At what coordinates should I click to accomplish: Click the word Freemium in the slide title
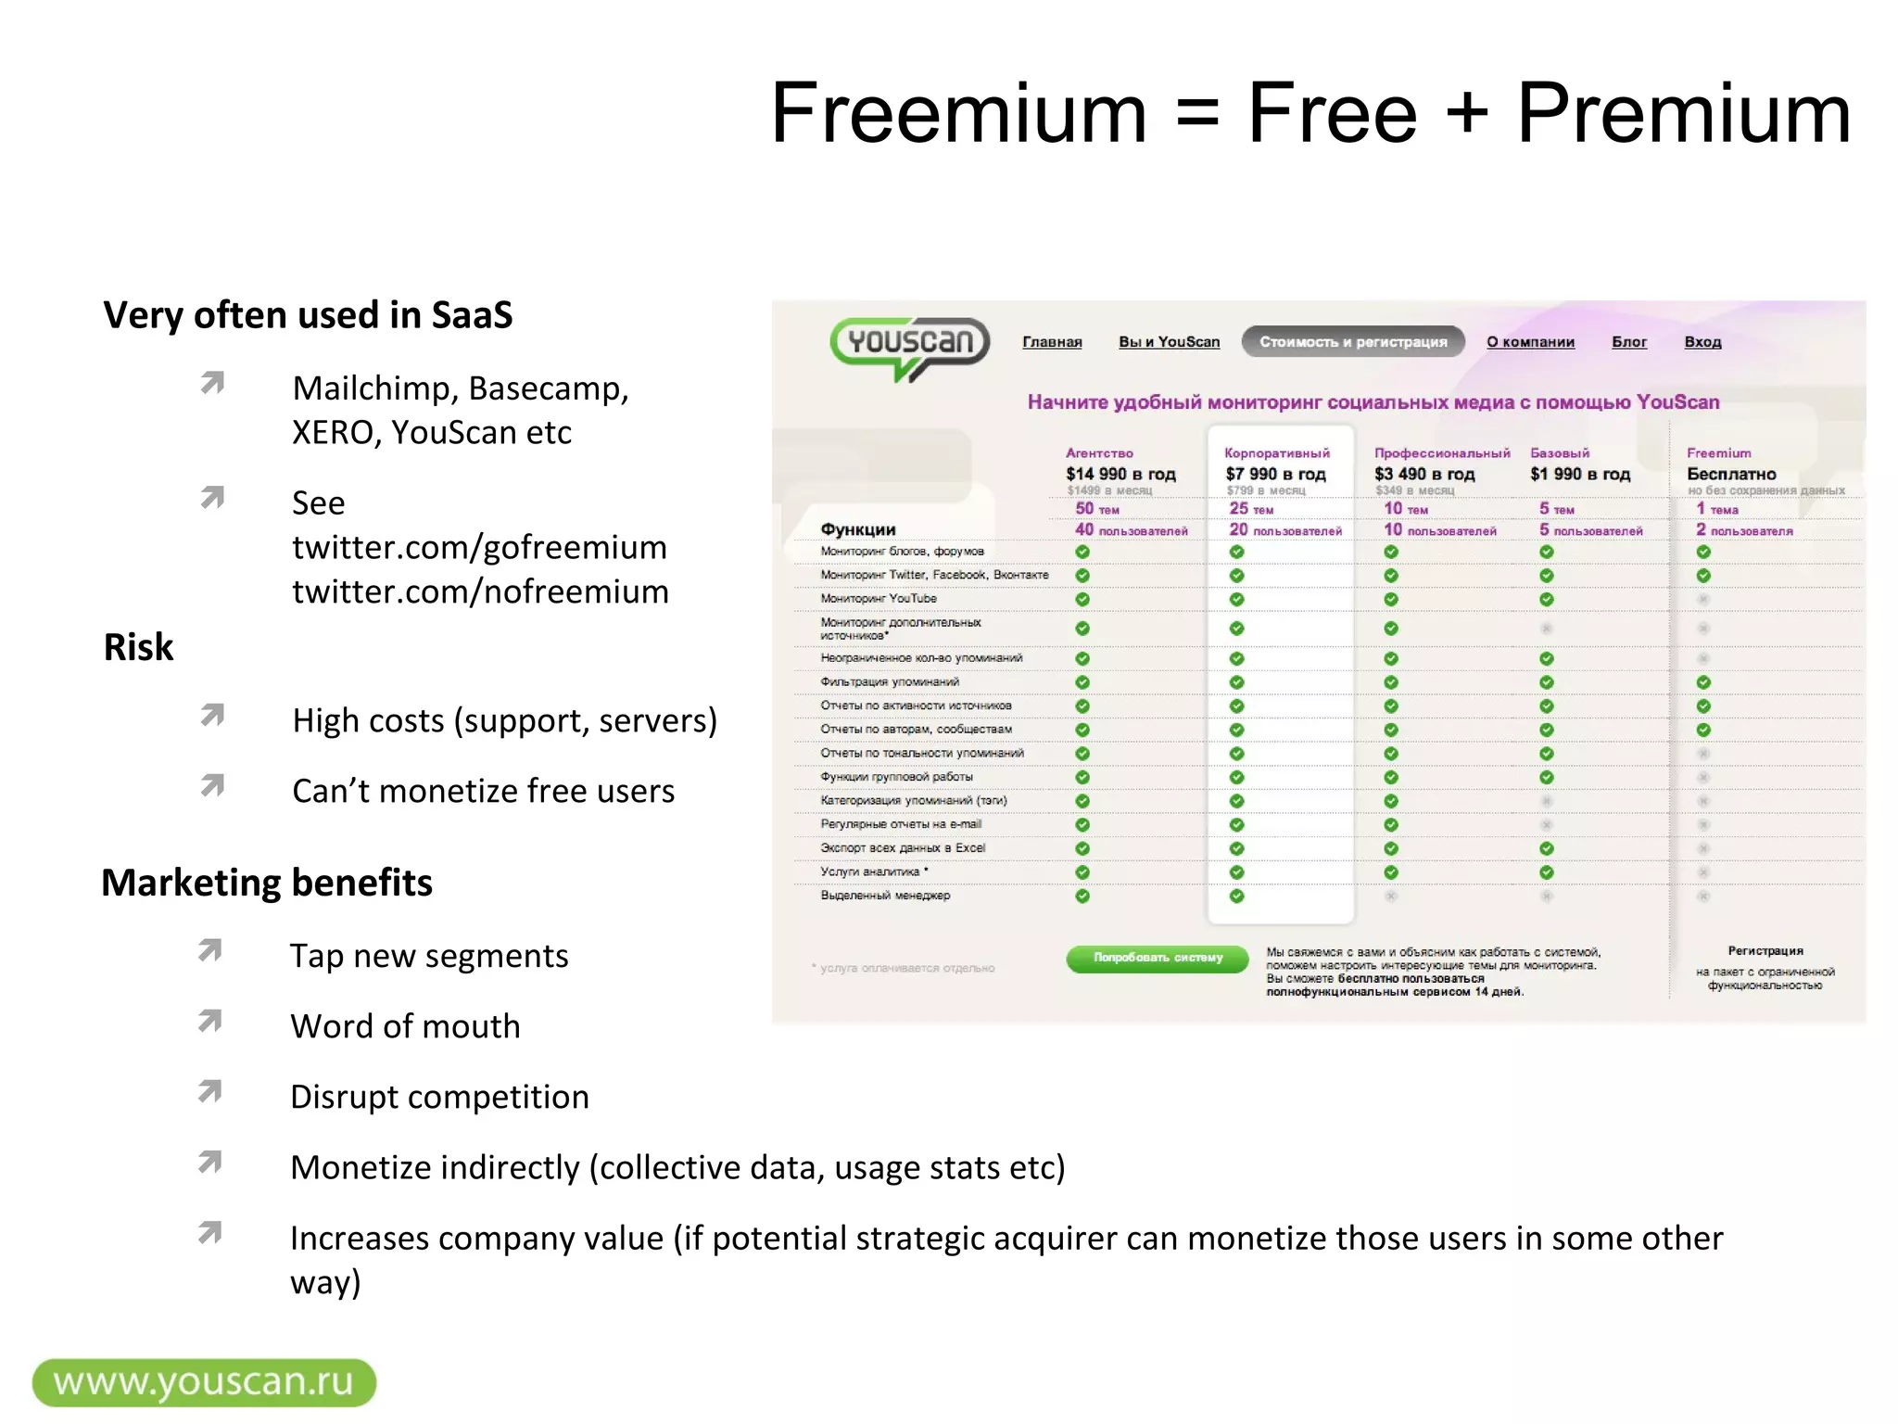point(958,114)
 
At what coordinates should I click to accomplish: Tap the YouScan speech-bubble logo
point(909,345)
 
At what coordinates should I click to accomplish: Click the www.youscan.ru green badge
point(204,1382)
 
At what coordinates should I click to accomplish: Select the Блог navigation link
point(1628,342)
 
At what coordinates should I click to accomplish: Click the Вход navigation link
point(1702,342)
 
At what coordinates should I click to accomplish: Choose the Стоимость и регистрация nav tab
point(1352,342)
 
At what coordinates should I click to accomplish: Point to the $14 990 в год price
point(1120,474)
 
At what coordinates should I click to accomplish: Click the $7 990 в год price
point(1275,474)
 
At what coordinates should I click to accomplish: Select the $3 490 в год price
point(1423,474)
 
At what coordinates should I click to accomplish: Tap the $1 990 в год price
point(1579,474)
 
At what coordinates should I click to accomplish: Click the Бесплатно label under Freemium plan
point(1731,474)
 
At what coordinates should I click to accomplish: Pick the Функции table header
point(857,529)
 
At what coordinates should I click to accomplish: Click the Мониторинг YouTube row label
point(878,599)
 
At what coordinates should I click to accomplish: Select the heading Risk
point(138,647)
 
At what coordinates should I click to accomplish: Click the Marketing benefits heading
point(267,883)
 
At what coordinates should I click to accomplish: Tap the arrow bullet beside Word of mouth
point(210,1022)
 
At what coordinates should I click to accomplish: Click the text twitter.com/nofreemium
point(480,591)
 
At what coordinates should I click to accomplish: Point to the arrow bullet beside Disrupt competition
point(210,1092)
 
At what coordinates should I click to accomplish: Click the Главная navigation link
point(1052,342)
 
